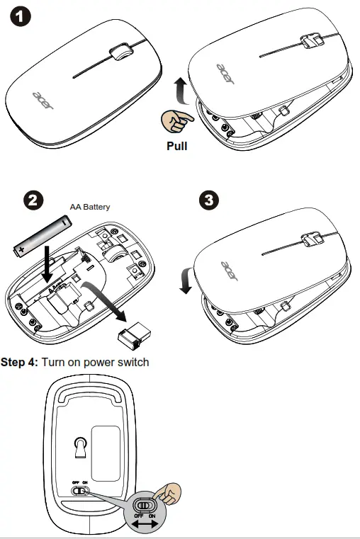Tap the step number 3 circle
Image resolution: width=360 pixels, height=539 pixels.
210,200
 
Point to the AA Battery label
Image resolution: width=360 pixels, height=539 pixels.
90,207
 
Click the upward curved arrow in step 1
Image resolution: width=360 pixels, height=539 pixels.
181,91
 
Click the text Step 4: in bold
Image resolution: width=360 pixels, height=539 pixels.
19,363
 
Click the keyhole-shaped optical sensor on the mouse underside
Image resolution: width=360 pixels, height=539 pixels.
80,447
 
